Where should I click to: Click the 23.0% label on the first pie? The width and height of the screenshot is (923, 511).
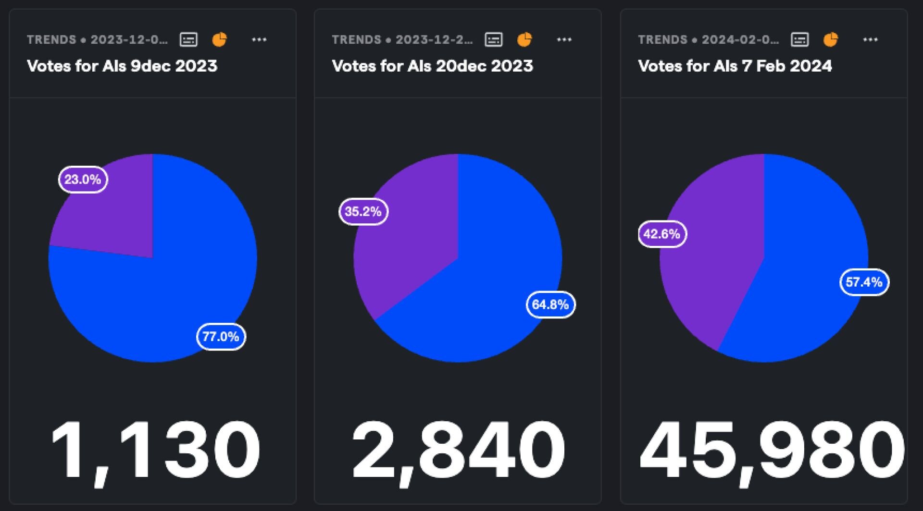[x=83, y=180]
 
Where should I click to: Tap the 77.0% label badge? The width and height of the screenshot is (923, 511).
[x=221, y=336]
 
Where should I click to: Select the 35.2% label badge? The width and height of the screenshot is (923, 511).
[x=363, y=211]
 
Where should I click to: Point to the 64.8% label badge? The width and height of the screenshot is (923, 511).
[x=550, y=304]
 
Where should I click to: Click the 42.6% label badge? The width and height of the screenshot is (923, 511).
[x=662, y=234]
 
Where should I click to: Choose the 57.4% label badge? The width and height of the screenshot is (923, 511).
[x=864, y=282]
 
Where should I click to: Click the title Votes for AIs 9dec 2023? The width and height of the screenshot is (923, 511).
[x=122, y=66]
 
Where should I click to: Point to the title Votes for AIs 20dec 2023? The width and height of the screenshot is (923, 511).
[x=432, y=66]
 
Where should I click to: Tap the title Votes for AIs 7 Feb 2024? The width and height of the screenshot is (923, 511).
[x=735, y=66]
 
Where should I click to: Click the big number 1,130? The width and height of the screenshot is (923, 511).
[x=155, y=451]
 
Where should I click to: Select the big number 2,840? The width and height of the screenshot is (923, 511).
[x=458, y=451]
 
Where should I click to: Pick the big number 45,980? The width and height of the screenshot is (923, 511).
[x=772, y=451]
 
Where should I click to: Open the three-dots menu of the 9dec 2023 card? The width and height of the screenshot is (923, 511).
[x=259, y=39]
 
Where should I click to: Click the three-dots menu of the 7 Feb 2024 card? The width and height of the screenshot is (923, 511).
[x=870, y=39]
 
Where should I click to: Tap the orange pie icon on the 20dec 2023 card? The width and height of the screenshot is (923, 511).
[x=524, y=39]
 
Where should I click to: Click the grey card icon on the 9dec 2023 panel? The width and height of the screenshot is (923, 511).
[x=188, y=39]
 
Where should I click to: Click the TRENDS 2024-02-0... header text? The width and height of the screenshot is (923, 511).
[x=708, y=39]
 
